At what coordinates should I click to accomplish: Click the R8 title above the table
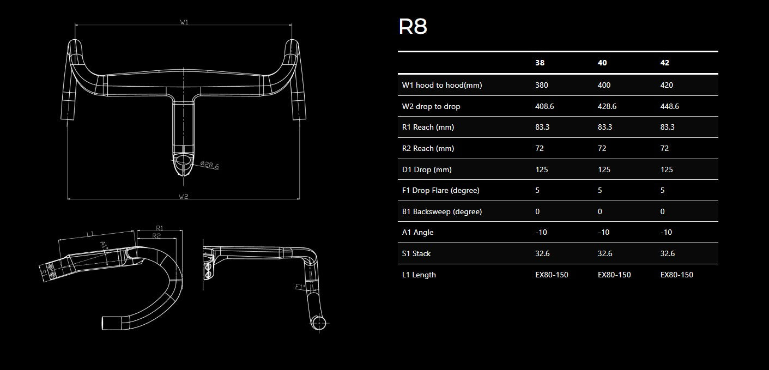pos(413,27)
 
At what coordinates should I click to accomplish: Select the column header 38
pos(540,63)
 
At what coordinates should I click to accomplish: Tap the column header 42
pos(664,63)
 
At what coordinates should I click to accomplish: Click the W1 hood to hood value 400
pos(604,85)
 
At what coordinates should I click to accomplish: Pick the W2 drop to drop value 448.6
pos(669,106)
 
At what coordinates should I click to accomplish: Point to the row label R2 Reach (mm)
pos(428,148)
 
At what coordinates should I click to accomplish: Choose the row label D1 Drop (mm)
pos(427,169)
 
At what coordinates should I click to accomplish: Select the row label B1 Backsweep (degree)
pos(442,211)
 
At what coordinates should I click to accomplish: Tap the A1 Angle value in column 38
pos(541,232)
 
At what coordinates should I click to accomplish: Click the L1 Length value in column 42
pos(676,275)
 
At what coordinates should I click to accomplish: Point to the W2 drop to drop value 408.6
pos(544,106)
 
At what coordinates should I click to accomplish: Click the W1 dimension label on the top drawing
pos(184,22)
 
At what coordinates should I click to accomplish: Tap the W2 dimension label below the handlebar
pos(183,196)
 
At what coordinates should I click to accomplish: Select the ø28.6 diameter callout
pos(209,165)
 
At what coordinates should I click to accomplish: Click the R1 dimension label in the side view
pos(160,228)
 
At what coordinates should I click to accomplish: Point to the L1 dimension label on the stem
pos(90,234)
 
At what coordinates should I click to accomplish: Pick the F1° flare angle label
pos(299,286)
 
